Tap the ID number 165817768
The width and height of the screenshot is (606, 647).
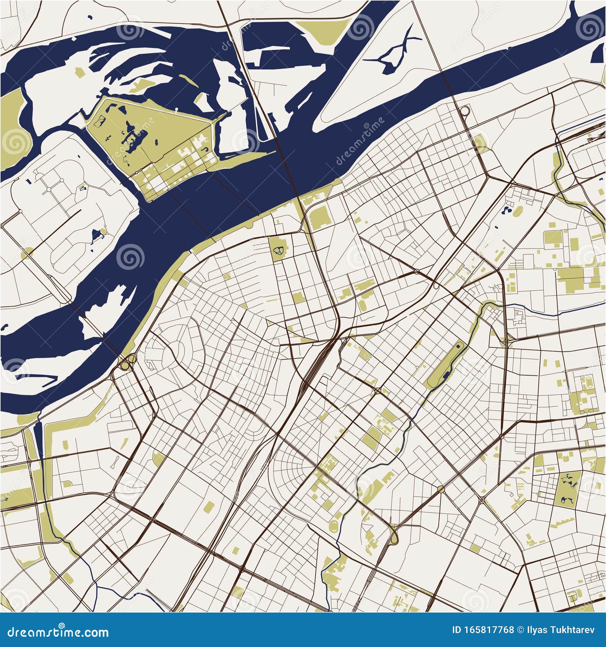[483, 631]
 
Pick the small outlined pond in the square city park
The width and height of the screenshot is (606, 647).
[278, 251]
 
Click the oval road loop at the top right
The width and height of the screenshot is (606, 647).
[464, 111]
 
